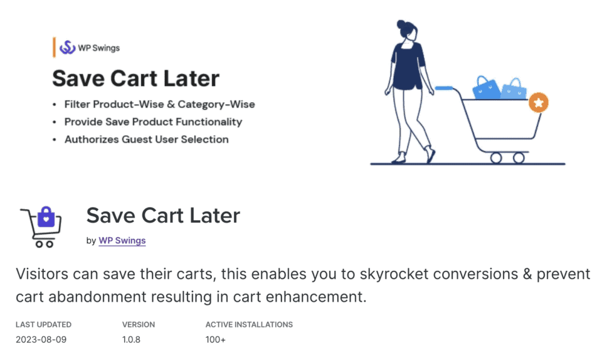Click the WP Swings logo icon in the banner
67,48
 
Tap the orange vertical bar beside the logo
54,48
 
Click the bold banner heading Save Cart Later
135,78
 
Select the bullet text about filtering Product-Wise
159,104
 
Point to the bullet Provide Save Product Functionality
153,122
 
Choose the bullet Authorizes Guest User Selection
146,139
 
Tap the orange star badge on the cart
538,102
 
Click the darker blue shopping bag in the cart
486,88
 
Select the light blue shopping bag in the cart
514,90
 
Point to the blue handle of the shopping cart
445,88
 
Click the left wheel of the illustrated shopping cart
496,157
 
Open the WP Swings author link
122,240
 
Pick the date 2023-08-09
41,340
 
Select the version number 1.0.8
132,340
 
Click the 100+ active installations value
216,340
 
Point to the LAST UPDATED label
43,325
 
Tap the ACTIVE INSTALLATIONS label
249,325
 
